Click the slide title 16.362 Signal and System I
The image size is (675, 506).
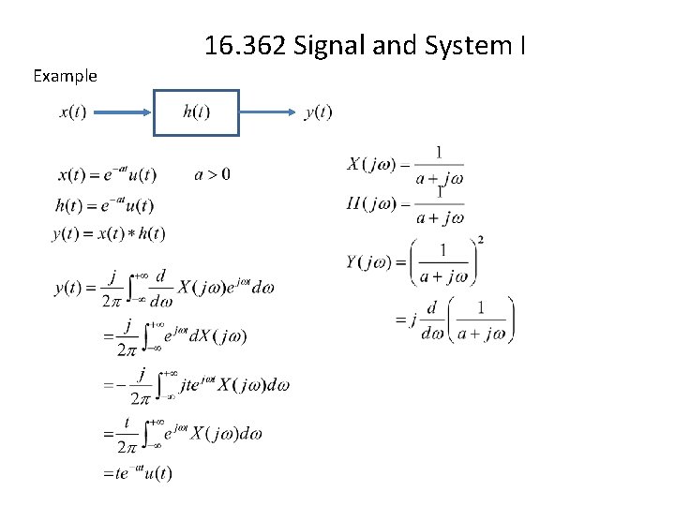[x=365, y=44]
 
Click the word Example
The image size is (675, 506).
[x=65, y=76]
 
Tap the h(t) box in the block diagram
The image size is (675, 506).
[x=196, y=112]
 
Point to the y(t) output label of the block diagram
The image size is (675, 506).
[x=319, y=112]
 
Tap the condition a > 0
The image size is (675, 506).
[x=212, y=173]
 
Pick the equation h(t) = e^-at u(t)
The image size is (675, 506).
[x=105, y=204]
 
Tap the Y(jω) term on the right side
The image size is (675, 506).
[x=371, y=261]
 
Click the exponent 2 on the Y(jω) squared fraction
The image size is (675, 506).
[x=480, y=240]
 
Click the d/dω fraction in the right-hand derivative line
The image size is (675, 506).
[x=432, y=320]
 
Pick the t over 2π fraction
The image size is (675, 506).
[x=127, y=433]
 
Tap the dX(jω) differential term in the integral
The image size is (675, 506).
[x=217, y=336]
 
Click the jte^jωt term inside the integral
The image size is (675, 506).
[x=195, y=384]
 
